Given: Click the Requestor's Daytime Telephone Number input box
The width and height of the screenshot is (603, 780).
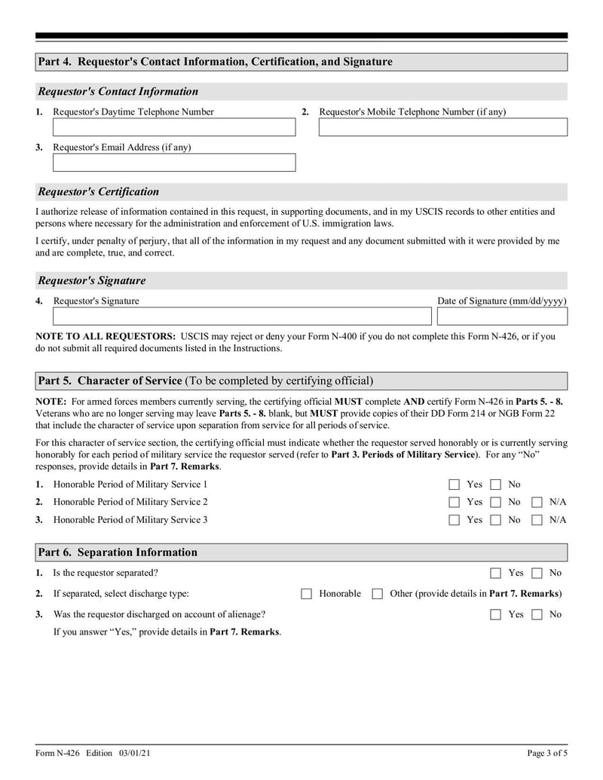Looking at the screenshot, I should coord(174,127).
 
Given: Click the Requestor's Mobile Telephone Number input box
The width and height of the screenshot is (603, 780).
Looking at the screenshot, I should coord(442,127).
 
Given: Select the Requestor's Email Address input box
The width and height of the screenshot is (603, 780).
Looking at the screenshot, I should coord(174,163).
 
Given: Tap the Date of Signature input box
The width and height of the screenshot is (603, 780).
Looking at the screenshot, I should coord(502,317).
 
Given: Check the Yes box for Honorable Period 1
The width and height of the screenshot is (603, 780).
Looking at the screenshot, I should coord(455,485).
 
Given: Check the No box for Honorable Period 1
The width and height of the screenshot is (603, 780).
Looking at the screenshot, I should coord(496,485).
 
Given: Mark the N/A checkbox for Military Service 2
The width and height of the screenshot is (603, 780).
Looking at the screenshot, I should coord(537,502).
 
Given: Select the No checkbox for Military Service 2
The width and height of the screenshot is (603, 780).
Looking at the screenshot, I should coord(496,502).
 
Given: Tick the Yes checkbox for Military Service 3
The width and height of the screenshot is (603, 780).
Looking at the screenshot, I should coord(455,520).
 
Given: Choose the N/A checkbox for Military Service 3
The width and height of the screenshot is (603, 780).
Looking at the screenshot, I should coord(537,520).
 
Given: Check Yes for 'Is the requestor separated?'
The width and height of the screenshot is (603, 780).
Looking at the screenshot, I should coord(496,574).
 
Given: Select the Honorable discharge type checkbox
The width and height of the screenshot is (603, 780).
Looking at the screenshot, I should coord(307,594).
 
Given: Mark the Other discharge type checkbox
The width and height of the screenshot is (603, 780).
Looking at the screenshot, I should coord(378,594).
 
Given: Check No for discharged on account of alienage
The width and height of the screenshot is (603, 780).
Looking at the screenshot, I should coord(537,614).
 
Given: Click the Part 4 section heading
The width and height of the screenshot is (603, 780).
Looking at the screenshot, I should coord(216,62).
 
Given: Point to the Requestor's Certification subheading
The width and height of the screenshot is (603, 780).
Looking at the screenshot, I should coord(99,191).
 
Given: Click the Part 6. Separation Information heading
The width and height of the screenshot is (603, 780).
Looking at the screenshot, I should coord(118,552).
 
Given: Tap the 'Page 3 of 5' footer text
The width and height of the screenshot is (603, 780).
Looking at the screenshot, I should coord(546,753).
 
